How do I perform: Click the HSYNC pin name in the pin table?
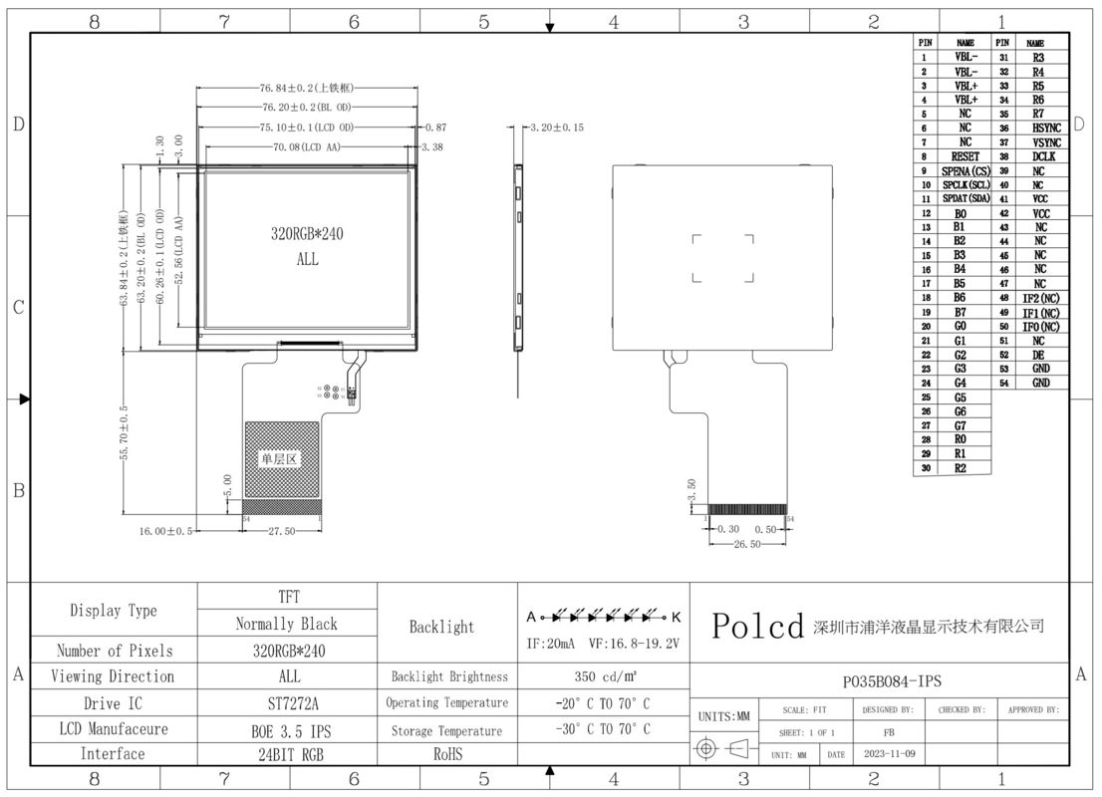pos(1045,129)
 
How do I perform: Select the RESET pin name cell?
pos(964,156)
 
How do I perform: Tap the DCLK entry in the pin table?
pos(1043,156)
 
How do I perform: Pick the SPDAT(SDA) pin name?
pos(964,198)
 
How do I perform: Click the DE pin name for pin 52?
pos(1039,355)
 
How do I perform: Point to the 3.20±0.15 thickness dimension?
pos(556,128)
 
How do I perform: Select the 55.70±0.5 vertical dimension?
pos(124,433)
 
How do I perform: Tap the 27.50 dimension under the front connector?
pos(282,531)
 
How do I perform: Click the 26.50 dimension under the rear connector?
pos(747,544)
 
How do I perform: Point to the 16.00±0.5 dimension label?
pos(165,531)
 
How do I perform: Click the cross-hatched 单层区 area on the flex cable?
pos(282,459)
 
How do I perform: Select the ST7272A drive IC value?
pos(287,702)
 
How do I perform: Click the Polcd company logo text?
pos(757,627)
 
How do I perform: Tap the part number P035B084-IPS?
pos(880,681)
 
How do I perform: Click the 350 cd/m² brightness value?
pos(603,676)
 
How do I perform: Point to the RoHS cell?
pos(448,754)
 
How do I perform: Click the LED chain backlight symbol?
pos(603,615)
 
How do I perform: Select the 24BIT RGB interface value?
pos(287,754)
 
